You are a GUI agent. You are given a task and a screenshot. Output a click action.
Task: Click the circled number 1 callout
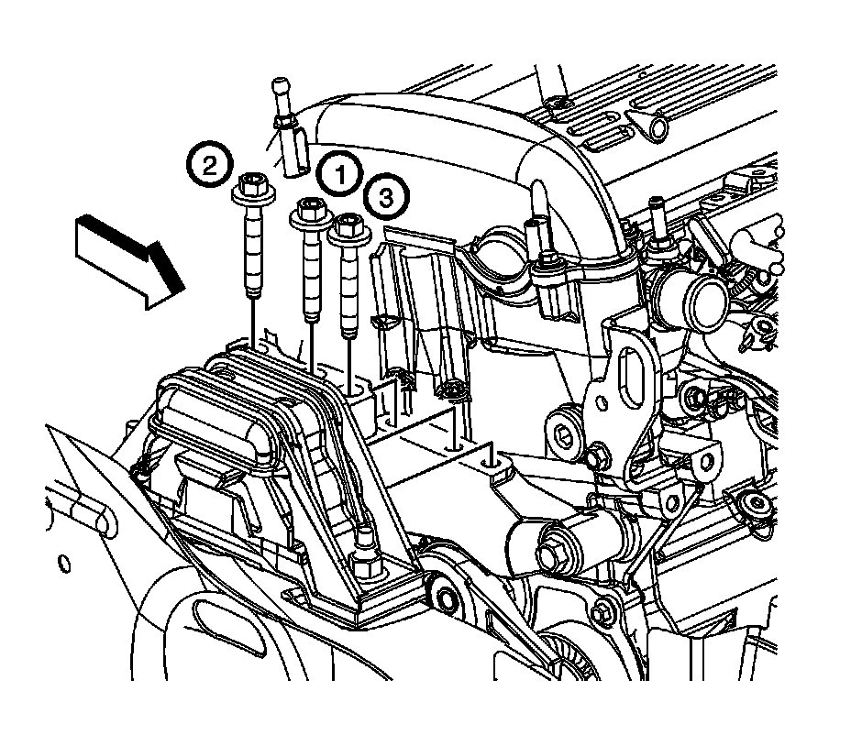click(x=339, y=172)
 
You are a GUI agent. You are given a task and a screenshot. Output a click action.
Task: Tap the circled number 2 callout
click(x=210, y=166)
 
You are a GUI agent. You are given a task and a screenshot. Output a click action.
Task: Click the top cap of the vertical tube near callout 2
click(x=281, y=88)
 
